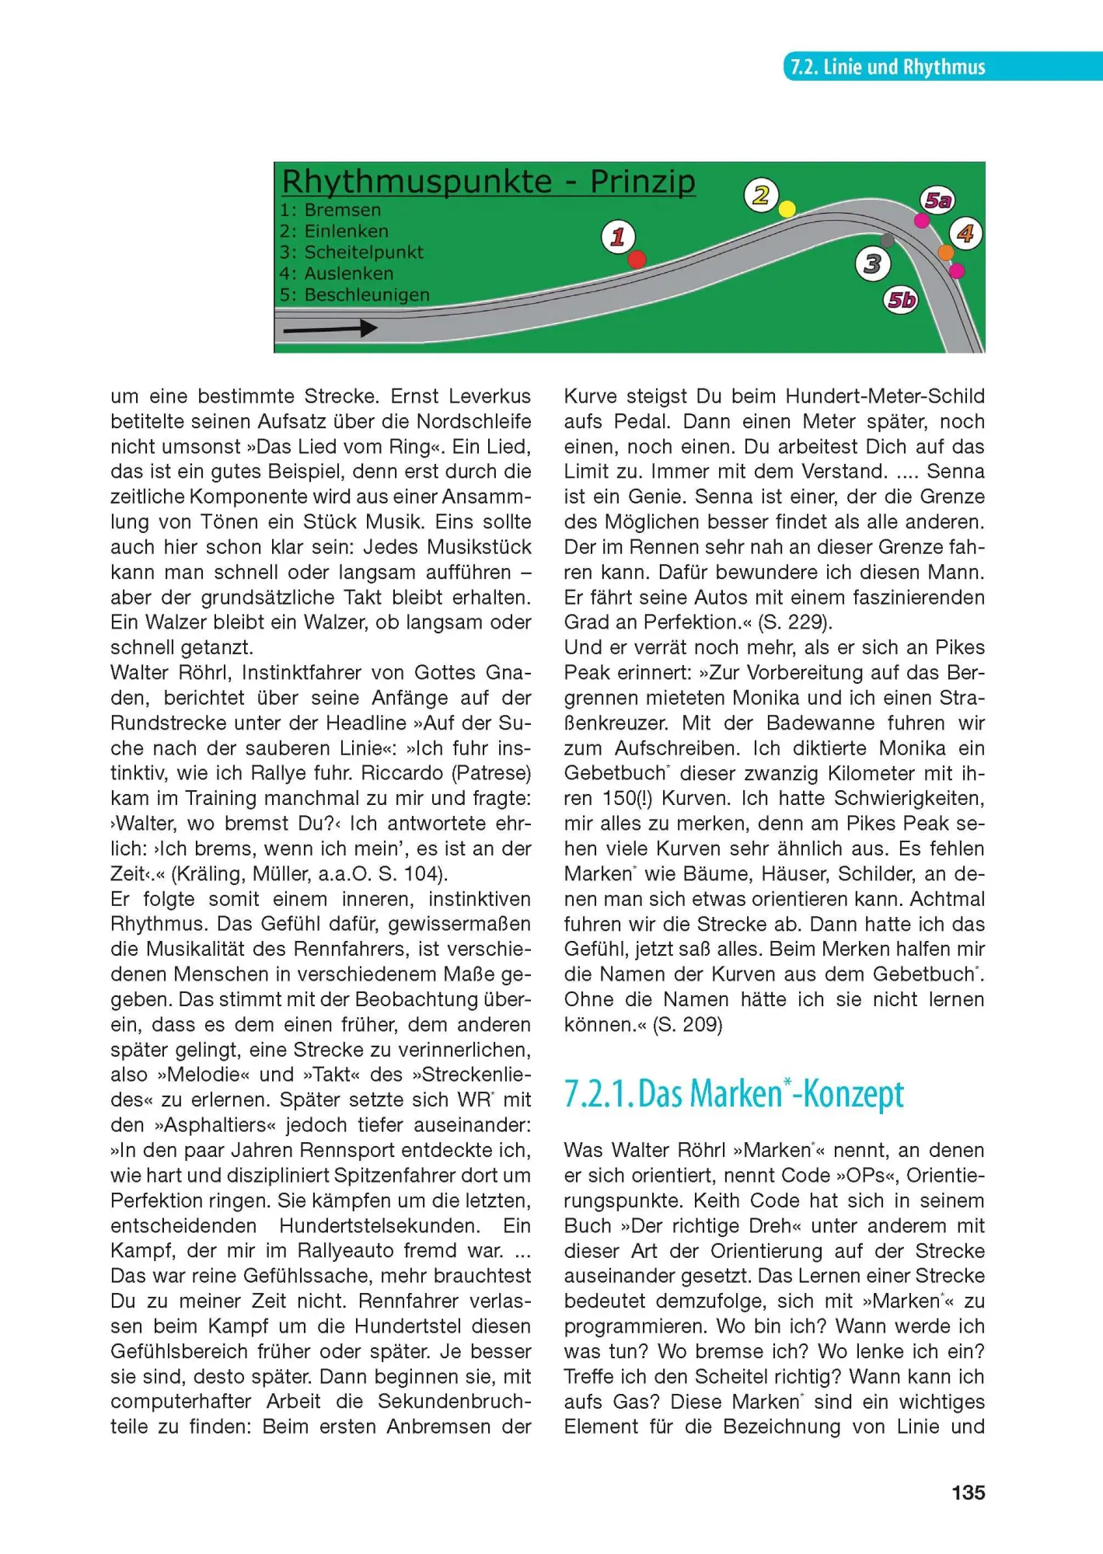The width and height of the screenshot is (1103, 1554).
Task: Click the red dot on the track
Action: (x=637, y=260)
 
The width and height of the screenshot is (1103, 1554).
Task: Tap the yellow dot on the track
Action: (x=787, y=209)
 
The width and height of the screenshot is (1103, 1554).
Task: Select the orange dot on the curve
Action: (x=945, y=253)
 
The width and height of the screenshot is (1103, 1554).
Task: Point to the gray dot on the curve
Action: (x=888, y=241)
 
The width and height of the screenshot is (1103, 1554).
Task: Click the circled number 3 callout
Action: (x=872, y=264)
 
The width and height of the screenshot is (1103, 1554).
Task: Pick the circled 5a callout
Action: (x=937, y=200)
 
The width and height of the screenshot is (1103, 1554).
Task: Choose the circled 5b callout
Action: (x=902, y=300)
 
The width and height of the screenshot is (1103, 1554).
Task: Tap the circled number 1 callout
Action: (x=618, y=236)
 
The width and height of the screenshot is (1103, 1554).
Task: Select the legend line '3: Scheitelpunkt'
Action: (x=351, y=253)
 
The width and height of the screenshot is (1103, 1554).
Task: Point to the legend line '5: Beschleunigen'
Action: (x=354, y=295)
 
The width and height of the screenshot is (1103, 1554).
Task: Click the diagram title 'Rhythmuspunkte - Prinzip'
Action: (x=488, y=182)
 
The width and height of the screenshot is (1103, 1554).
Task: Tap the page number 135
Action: (x=968, y=1493)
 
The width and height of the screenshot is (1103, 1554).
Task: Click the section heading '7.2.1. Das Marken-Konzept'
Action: (x=734, y=1094)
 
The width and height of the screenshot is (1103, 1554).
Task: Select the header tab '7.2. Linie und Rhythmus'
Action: (x=888, y=67)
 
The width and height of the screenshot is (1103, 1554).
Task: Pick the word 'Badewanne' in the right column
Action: (x=822, y=723)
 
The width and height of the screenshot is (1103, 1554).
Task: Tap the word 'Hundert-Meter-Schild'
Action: (x=885, y=396)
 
